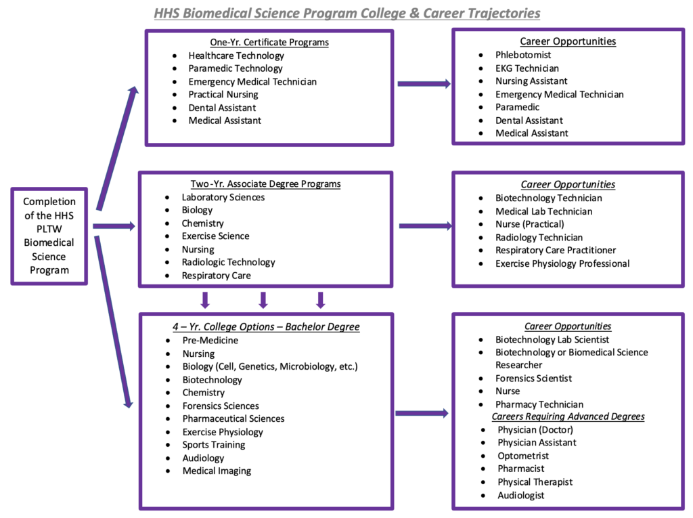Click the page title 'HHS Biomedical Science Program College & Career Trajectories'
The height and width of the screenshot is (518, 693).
click(346, 13)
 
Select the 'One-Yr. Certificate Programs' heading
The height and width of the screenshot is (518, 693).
click(269, 42)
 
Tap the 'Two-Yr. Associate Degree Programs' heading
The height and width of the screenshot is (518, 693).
click(265, 184)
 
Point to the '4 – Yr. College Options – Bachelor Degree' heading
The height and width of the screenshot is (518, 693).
click(266, 326)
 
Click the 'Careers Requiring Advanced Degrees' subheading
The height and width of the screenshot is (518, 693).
click(568, 416)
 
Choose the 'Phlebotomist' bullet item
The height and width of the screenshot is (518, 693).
click(523, 55)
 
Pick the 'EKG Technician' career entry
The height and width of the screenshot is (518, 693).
click(527, 68)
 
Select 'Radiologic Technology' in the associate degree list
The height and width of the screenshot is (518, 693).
click(228, 262)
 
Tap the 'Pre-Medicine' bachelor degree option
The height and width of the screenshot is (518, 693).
click(210, 340)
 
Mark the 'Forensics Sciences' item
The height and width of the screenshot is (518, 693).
click(221, 406)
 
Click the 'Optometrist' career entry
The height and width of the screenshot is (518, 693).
click(523, 456)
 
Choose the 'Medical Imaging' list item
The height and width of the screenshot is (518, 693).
click(217, 471)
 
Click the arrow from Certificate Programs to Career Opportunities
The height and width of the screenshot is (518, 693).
click(424, 84)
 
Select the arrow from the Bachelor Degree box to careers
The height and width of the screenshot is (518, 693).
click(422, 412)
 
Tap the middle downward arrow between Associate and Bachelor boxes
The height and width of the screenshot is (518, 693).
click(264, 299)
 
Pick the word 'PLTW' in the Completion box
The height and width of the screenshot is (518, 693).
click(49, 228)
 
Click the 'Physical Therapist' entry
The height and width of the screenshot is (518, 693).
click(535, 482)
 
